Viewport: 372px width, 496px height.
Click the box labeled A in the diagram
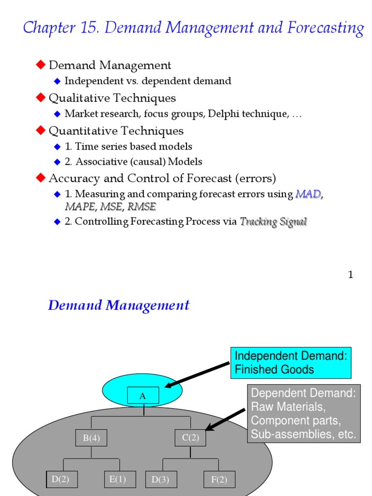pos(143,396)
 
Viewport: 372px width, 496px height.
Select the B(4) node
pos(91,438)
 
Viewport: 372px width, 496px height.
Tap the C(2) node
pos(190,438)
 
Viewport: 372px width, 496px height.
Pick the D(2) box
pos(61,480)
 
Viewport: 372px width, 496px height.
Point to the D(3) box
pos(161,480)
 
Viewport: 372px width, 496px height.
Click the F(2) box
pos(219,480)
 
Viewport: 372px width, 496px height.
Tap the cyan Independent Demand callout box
pos(291,363)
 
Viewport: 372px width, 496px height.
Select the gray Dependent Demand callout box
pos(304,414)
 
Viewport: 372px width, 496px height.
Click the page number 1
pos(350,275)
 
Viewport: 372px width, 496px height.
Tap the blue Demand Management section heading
pos(119,306)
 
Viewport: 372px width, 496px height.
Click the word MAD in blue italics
pos(308,195)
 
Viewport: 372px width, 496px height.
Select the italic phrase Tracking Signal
pos(274,222)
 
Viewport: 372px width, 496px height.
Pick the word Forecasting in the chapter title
pos(332,28)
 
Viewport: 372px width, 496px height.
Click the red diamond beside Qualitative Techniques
pos(41,98)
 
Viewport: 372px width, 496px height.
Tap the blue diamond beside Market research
pos(58,114)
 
